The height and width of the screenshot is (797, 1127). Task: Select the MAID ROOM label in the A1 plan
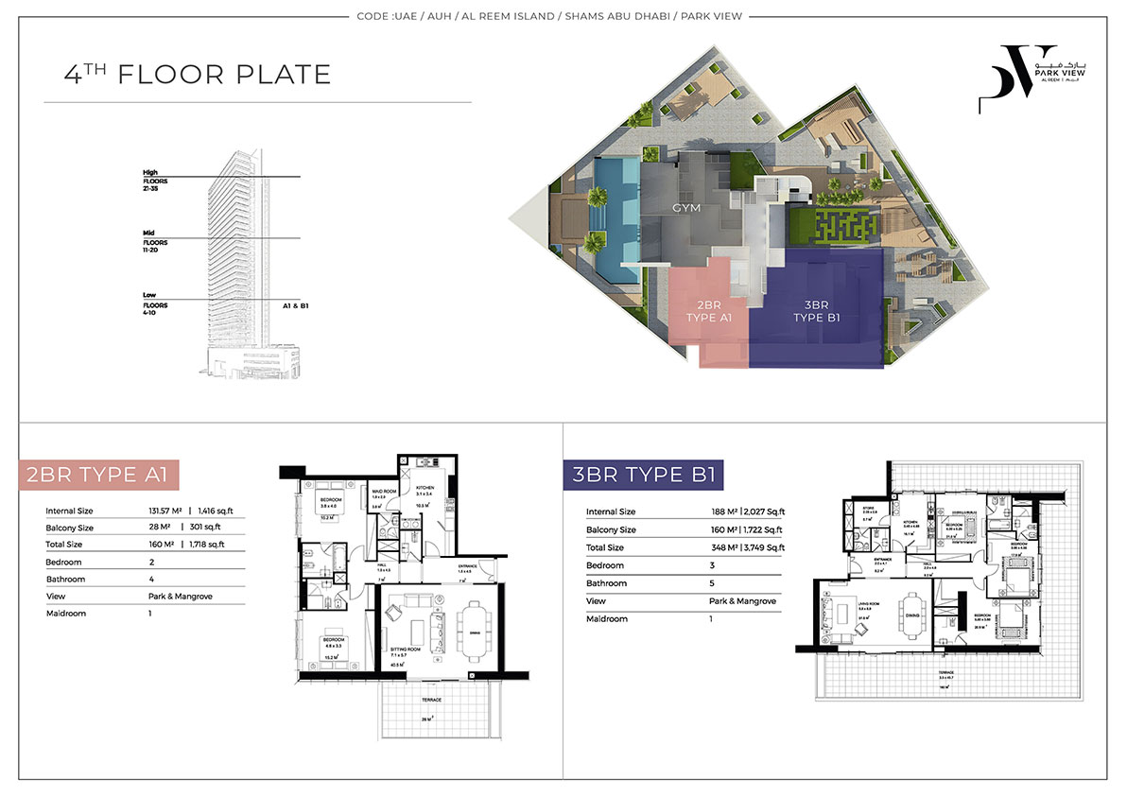(x=383, y=492)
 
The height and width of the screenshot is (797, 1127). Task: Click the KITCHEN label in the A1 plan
(x=425, y=488)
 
